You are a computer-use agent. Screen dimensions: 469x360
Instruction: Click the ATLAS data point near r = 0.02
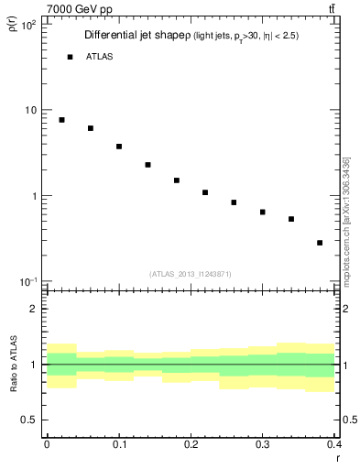click(61, 120)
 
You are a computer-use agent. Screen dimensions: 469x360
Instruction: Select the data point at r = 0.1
click(119, 147)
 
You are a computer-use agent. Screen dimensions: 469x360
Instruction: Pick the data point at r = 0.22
click(205, 192)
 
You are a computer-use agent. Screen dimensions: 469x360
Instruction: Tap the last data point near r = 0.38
click(320, 243)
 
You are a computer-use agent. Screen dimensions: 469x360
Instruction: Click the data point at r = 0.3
click(262, 213)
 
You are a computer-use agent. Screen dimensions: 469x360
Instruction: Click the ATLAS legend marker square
click(70, 57)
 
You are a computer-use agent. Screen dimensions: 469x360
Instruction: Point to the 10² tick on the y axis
click(28, 26)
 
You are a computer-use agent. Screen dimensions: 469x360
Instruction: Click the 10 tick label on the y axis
click(31, 111)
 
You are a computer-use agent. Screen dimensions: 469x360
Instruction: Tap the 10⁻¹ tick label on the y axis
click(28, 281)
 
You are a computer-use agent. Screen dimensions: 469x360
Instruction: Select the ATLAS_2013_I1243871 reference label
click(191, 274)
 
